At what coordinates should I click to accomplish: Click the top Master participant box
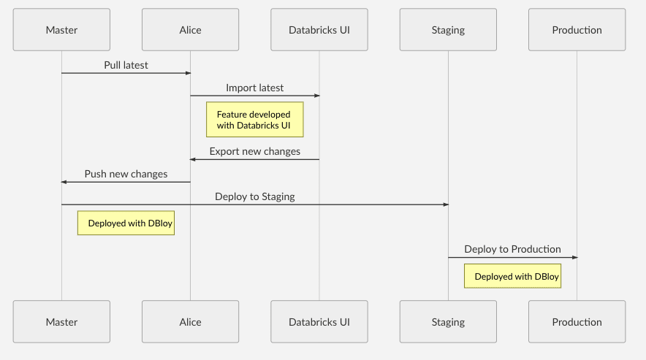pyautogui.click(x=61, y=30)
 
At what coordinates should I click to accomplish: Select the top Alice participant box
pyautogui.click(x=190, y=30)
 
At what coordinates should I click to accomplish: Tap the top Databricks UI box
pyautogui.click(x=319, y=30)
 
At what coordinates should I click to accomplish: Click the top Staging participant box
pyautogui.click(x=448, y=30)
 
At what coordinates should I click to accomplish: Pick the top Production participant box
pyautogui.click(x=577, y=30)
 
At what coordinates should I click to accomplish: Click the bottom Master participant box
pyautogui.click(x=61, y=322)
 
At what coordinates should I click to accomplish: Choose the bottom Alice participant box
pyautogui.click(x=190, y=322)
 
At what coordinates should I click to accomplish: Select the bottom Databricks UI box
pyautogui.click(x=319, y=322)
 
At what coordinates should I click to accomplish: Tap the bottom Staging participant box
pyautogui.click(x=448, y=322)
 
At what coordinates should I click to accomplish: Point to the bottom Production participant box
pyautogui.click(x=577, y=322)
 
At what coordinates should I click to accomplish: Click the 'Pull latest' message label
pyautogui.click(x=126, y=65)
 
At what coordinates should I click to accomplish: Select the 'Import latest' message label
pyautogui.click(x=254, y=88)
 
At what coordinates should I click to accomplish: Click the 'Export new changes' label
pyautogui.click(x=254, y=152)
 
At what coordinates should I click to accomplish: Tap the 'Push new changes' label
pyautogui.click(x=126, y=174)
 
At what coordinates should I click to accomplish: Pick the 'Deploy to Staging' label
pyautogui.click(x=254, y=196)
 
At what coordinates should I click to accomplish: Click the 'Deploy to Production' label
pyautogui.click(x=512, y=249)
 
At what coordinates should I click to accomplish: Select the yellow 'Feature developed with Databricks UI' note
pyautogui.click(x=254, y=120)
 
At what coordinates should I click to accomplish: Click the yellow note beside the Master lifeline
pyautogui.click(x=126, y=223)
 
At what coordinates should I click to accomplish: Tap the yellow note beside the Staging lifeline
pyautogui.click(x=512, y=276)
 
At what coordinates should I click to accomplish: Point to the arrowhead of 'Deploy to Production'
pyautogui.click(x=574, y=257)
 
